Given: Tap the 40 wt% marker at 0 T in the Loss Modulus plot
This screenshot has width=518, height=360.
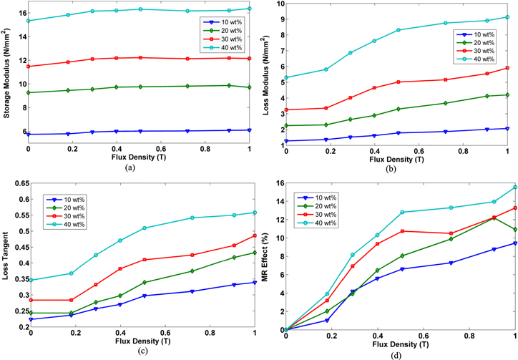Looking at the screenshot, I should click(287, 77).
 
